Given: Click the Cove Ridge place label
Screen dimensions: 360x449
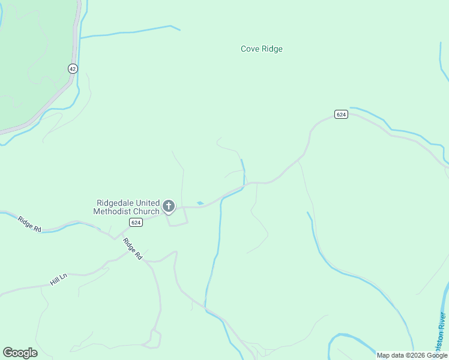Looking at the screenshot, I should coord(261,49).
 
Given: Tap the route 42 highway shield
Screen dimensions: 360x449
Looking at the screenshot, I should coord(73,69).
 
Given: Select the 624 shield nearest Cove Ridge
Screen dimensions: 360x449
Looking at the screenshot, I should coord(341,115).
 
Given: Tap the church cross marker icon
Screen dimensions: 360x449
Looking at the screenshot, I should coord(169,207).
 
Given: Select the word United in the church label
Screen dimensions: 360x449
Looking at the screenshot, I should coord(148,203).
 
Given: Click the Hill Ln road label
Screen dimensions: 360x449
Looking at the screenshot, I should coord(59,279).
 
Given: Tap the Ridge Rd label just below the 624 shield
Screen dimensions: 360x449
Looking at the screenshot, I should coord(132,248).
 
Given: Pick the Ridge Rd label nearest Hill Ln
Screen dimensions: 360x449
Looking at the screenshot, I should coord(29,224).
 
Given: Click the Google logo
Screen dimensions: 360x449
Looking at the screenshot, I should coord(20,353).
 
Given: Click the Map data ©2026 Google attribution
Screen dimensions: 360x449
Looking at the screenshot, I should coord(412,355).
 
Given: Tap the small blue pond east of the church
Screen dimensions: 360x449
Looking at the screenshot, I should coord(200,203).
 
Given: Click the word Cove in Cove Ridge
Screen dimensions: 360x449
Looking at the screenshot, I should coord(250,49).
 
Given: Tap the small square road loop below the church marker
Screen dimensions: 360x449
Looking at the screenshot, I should coord(177,219).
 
